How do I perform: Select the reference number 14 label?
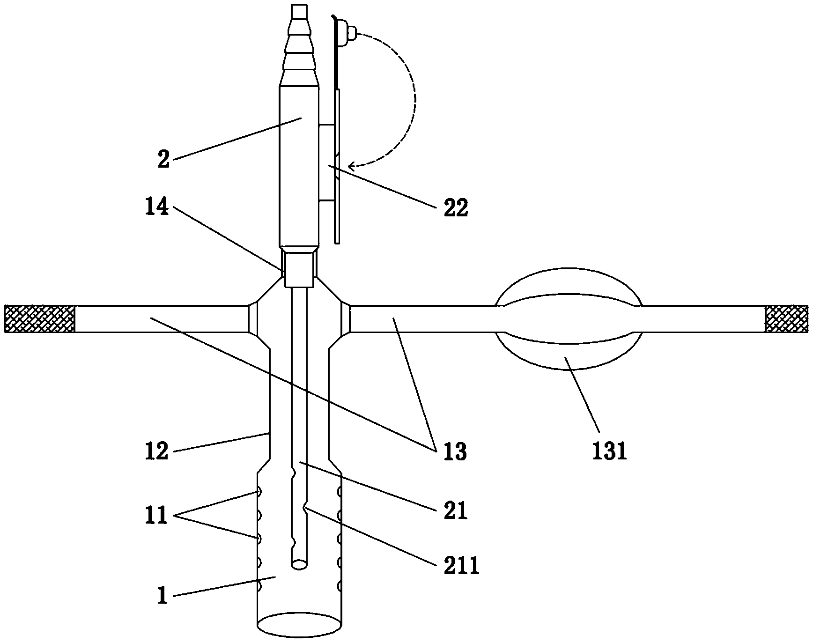(157, 206)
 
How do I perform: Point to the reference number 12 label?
(156, 451)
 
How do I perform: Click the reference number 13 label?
(455, 451)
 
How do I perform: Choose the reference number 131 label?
(609, 451)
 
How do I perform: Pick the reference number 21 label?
(456, 510)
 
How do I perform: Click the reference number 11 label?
(156, 516)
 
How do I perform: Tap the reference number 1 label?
(162, 596)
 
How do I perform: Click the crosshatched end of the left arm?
(39, 318)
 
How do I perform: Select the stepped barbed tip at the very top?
(298, 42)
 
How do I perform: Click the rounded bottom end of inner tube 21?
(299, 565)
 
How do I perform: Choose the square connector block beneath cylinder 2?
(299, 269)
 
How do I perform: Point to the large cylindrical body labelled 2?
(299, 164)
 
